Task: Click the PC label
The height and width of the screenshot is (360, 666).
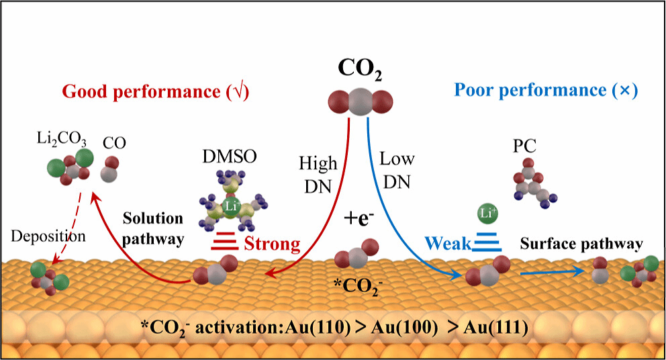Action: point(520,144)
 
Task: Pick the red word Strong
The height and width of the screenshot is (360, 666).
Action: point(271,243)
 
